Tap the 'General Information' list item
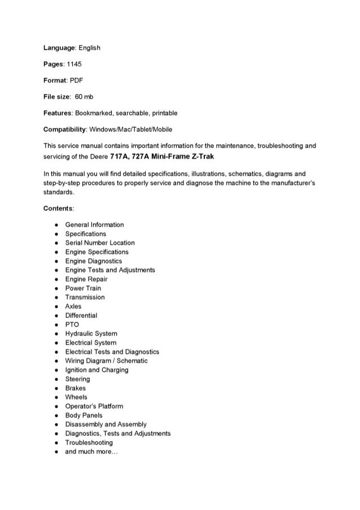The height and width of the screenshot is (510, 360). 95,225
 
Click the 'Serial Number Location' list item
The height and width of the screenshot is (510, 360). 100,243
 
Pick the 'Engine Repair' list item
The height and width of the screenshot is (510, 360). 86,279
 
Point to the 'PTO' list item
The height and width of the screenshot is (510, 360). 72,325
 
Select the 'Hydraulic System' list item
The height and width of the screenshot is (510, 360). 91,334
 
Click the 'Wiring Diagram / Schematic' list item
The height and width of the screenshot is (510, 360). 107,361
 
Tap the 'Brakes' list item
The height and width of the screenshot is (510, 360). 76,389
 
